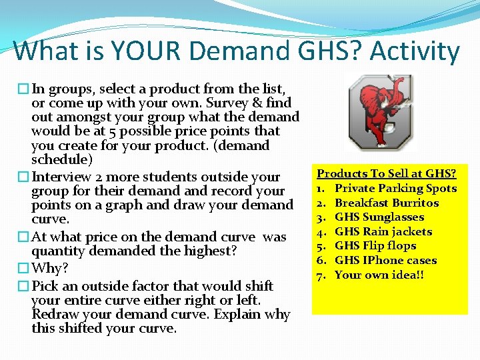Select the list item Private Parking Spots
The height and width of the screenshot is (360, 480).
pyautogui.click(x=395, y=188)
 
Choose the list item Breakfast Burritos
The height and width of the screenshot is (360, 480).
pyautogui.click(x=387, y=203)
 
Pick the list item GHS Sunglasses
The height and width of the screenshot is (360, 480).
pyautogui.click(x=379, y=217)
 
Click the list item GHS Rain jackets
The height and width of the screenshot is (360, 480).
pyautogui.click(x=383, y=231)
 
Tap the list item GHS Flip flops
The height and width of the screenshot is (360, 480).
pyautogui.click(x=375, y=246)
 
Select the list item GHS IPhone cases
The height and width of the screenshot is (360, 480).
pyautogui.click(x=385, y=261)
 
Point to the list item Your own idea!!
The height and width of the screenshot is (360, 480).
pyautogui.click(x=379, y=275)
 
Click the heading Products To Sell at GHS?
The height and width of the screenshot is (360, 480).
pyautogui.click(x=387, y=173)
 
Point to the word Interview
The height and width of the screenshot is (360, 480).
pyautogui.click(x=63, y=177)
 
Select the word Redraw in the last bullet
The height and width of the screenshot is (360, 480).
pyautogui.click(x=56, y=314)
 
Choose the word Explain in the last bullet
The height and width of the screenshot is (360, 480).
pyautogui.click(x=225, y=314)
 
